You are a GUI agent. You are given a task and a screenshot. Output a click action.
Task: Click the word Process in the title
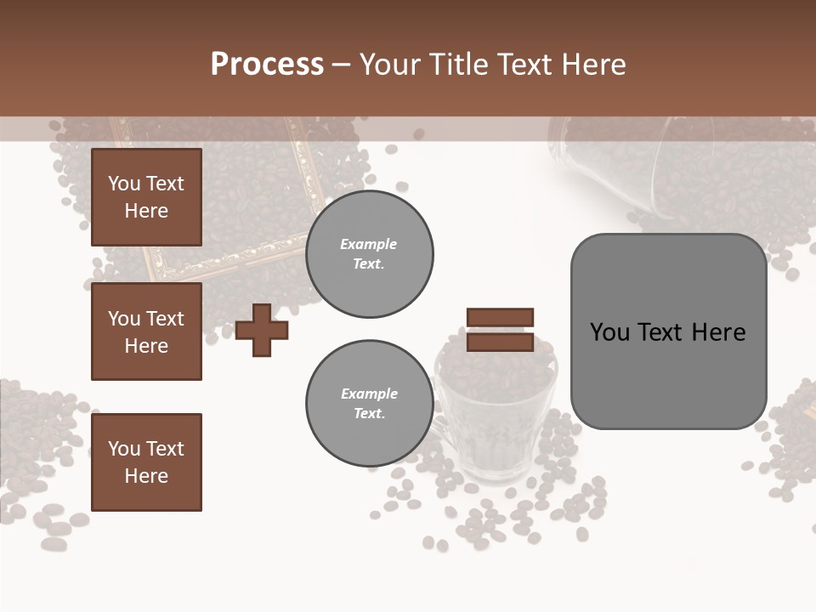point(267,65)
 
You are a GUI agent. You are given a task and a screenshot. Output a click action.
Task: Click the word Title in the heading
point(457,65)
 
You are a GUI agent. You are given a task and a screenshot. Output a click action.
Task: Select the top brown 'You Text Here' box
point(146,197)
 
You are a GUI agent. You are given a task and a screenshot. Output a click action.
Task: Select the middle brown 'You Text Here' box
point(146,331)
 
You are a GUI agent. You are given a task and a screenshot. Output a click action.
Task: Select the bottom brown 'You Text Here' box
point(146,462)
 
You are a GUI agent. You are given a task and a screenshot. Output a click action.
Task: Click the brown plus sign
point(261,330)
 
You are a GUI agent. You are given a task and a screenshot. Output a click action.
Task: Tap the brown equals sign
point(500,330)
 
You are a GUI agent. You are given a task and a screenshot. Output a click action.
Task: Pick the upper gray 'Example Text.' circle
point(369,254)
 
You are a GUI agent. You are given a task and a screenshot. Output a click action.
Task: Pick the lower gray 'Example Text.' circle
point(369,404)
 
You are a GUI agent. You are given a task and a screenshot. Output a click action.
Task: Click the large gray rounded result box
point(668,331)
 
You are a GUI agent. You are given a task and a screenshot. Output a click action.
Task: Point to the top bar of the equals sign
point(500,317)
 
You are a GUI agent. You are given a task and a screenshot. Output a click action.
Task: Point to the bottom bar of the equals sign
point(500,343)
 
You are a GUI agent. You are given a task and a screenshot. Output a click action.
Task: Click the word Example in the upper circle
point(369,244)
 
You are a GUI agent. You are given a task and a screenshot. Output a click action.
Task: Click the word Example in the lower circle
point(369,394)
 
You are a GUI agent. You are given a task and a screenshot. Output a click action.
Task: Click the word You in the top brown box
point(123,184)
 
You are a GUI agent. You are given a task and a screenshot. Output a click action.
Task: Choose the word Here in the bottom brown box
point(146,476)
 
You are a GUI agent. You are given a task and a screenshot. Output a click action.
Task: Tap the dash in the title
point(342,65)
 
